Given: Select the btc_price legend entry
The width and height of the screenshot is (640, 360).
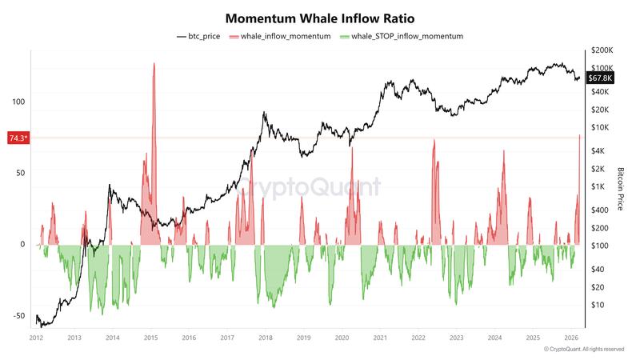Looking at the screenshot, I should click(x=199, y=37).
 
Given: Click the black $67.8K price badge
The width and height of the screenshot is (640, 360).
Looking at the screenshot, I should click(x=600, y=78).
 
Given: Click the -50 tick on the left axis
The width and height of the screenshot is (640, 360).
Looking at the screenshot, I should click(x=18, y=315).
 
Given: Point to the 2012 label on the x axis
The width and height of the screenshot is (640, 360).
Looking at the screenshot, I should click(x=36, y=338).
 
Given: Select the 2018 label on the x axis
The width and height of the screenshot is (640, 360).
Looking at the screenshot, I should click(x=265, y=338).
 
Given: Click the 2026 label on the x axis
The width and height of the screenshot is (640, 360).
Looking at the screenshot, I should click(x=570, y=338).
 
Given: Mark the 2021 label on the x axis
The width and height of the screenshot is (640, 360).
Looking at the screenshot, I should click(x=379, y=338).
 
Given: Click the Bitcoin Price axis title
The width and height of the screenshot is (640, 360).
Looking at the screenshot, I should click(x=620, y=189).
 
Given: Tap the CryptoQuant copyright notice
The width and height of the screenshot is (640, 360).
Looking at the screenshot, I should click(x=584, y=350).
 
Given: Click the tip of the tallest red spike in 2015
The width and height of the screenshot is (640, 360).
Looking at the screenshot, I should click(x=154, y=62).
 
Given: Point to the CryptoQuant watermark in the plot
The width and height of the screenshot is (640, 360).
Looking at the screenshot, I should click(x=312, y=187).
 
